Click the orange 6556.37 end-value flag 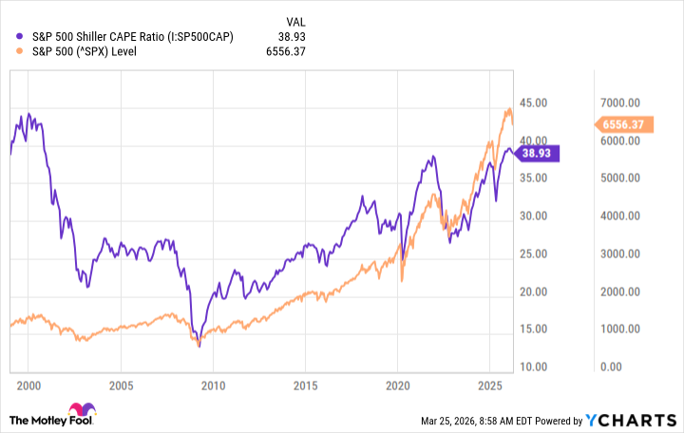(623, 124)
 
